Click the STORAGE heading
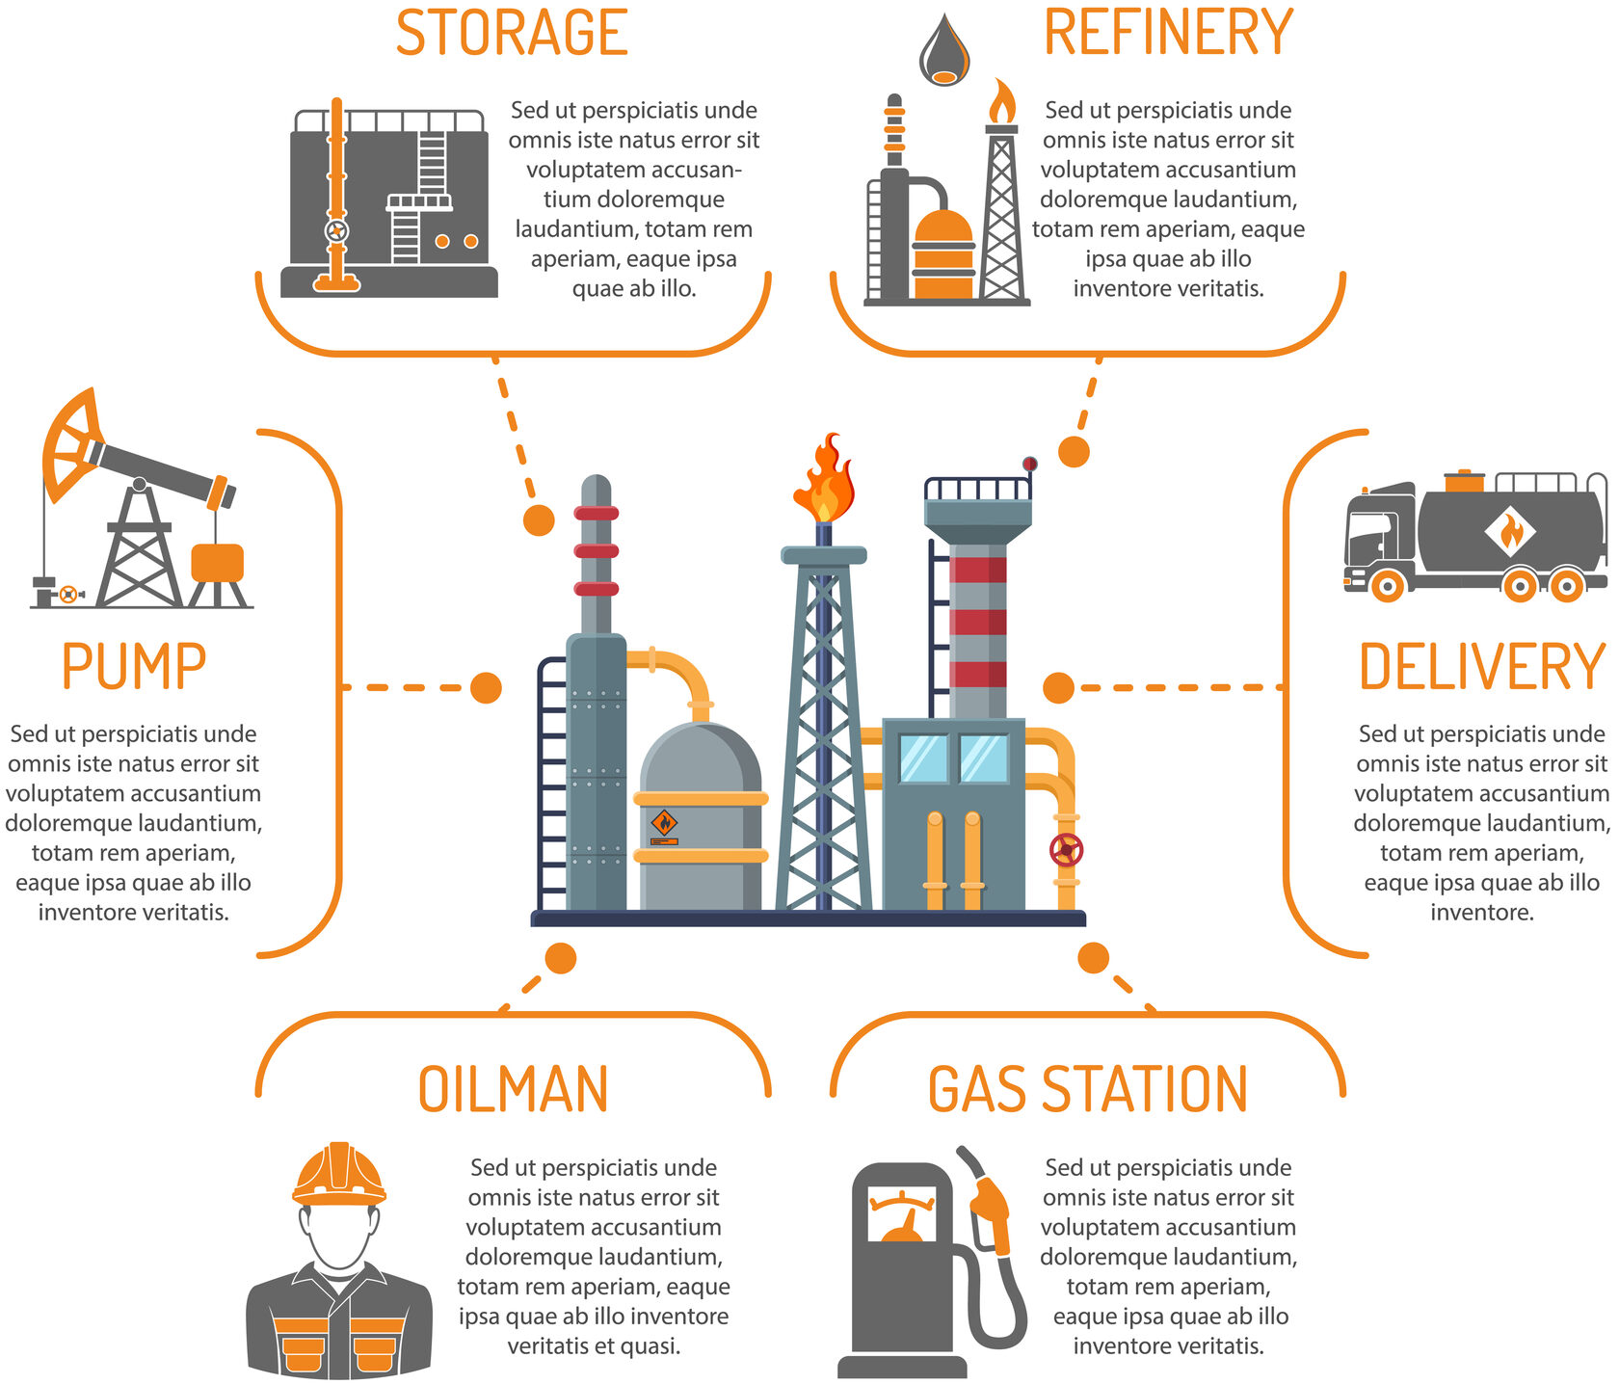[512, 35]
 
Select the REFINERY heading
[1168, 34]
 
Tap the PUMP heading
[134, 667]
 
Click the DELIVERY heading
[1482, 667]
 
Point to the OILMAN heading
[513, 1090]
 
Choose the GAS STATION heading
[1087, 1090]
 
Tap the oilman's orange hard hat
[339, 1174]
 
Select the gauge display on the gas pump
[902, 1216]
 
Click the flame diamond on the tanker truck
[1509, 531]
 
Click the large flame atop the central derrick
[825, 480]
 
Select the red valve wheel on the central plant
[1066, 850]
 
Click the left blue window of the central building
[923, 759]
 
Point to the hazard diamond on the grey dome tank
[664, 822]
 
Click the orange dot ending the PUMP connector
[486, 688]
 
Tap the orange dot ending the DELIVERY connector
[1058, 688]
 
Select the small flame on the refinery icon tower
[1002, 100]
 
